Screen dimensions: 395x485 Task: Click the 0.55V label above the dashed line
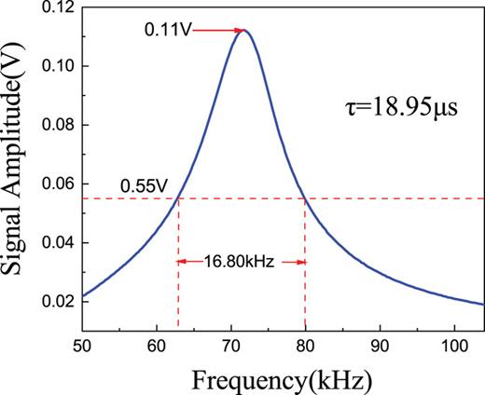[143, 185]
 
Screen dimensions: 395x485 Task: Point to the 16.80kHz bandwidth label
[241, 263]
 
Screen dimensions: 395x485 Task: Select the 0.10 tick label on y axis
[58, 66]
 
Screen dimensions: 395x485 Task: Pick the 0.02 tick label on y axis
[58, 301]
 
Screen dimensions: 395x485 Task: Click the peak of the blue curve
[245, 30]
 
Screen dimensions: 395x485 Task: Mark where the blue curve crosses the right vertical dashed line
[305, 197]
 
